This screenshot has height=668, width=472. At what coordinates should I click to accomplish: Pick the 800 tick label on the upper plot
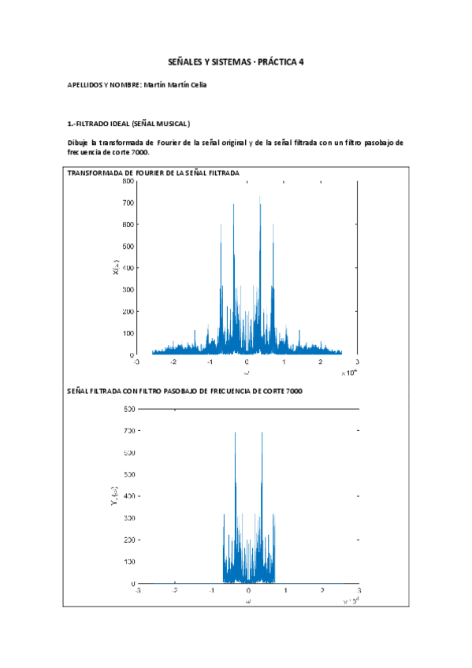(125, 181)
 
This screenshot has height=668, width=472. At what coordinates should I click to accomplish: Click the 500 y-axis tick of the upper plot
(125, 247)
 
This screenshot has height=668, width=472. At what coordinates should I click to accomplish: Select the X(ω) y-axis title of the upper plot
(116, 269)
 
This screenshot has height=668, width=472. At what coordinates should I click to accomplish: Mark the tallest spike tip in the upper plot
(260, 197)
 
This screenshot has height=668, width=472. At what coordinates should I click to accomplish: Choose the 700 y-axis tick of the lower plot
(125, 431)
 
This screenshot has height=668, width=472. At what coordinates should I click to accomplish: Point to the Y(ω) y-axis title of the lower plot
(116, 496)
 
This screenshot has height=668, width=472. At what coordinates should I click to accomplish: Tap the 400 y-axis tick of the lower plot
(125, 496)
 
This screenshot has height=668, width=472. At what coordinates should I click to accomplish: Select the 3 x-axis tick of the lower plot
(359, 591)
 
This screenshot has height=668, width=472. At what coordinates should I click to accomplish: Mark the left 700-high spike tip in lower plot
(236, 432)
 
